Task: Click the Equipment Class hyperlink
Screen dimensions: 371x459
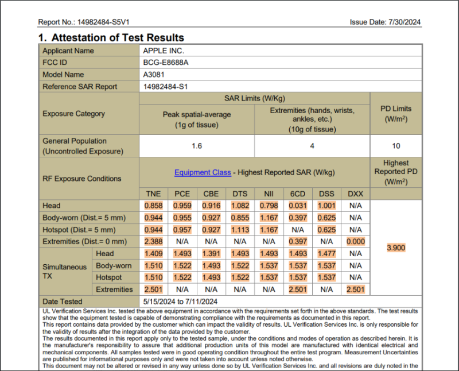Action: tap(203, 172)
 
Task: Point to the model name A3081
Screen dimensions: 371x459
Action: tap(154, 75)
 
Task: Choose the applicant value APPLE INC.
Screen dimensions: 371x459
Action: tap(164, 51)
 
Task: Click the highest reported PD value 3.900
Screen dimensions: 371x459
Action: tap(396, 248)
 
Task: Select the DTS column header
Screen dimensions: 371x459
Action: tap(240, 194)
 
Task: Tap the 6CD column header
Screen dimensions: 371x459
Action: tap(298, 194)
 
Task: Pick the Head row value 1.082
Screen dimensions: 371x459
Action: tap(240, 206)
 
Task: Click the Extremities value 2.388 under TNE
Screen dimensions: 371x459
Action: tap(153, 241)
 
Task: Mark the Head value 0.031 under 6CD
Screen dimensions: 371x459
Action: tap(298, 206)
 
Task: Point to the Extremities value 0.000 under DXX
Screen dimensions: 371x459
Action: tap(356, 241)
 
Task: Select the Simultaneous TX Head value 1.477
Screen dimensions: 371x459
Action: tap(326, 253)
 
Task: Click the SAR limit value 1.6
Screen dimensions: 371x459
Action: tap(197, 146)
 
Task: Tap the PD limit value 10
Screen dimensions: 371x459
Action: tap(396, 146)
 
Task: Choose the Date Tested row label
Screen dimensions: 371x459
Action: tap(62, 302)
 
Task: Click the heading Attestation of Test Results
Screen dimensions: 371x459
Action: tap(118, 38)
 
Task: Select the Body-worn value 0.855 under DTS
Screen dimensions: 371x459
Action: tap(240, 218)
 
